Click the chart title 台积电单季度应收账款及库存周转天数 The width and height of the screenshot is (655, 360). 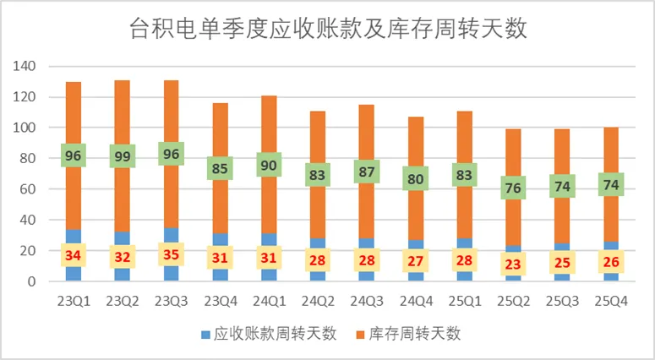pyautogui.click(x=327, y=30)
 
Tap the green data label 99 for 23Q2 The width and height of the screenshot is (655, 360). pyautogui.click(x=122, y=155)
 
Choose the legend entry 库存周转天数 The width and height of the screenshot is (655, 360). pyautogui.click(x=412, y=334)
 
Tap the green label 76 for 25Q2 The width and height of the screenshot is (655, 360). pyautogui.click(x=513, y=188)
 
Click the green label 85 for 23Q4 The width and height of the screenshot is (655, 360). pyautogui.click(x=220, y=168)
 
